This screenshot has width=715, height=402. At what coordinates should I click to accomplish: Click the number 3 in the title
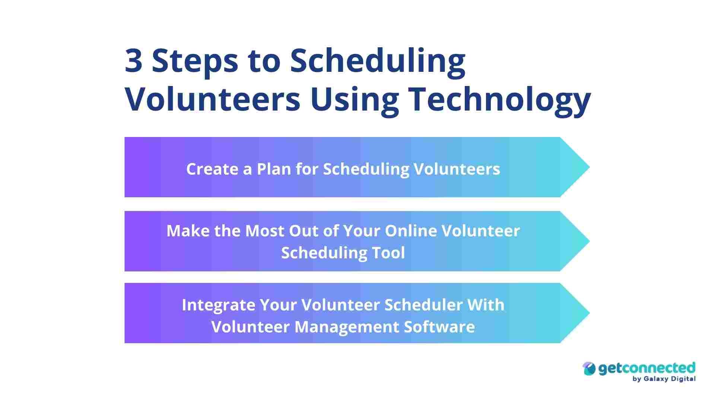pyautogui.click(x=133, y=61)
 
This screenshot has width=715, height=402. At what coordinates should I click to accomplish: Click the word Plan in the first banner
pyautogui.click(x=274, y=169)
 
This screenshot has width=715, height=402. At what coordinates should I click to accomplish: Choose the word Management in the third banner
pyautogui.click(x=346, y=327)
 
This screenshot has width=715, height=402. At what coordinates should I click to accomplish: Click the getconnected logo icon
pyautogui.click(x=589, y=368)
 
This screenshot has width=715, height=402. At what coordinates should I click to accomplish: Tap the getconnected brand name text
pyautogui.click(x=646, y=368)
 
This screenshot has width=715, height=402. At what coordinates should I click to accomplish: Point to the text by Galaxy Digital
pyautogui.click(x=664, y=379)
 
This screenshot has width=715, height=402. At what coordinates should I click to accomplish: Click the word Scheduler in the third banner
pyautogui.click(x=423, y=305)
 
